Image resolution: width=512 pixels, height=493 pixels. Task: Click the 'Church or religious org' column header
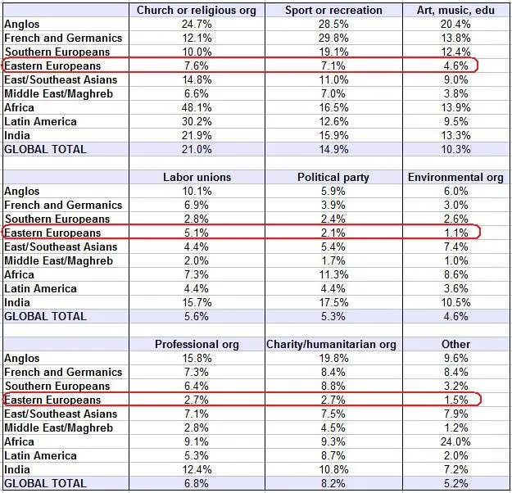coord(197,10)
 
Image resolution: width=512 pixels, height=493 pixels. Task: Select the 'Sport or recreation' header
coord(333,10)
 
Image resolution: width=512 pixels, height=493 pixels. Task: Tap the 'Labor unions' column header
coord(197,177)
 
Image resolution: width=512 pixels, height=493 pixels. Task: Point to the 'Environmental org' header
coord(455,177)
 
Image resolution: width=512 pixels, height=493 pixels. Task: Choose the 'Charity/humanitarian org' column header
coord(331,345)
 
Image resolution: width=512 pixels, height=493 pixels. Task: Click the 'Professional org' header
coord(197,345)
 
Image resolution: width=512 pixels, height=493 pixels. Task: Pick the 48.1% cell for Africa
coord(197,107)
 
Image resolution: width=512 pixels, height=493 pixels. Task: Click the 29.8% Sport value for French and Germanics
coord(333,38)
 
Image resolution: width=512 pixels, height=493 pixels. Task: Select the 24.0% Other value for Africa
coord(455,441)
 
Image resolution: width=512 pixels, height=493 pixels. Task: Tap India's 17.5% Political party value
coord(333,302)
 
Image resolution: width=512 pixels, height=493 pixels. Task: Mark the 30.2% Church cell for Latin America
coord(197,121)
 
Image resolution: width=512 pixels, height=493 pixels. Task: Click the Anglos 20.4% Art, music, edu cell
coord(455,25)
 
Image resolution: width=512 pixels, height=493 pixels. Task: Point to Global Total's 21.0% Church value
coord(197,149)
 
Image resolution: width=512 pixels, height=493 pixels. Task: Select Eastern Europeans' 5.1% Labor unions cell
coord(197,233)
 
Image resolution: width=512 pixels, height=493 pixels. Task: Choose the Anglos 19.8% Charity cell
coord(333,358)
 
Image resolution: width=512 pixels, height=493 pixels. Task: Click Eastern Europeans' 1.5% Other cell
coord(455,400)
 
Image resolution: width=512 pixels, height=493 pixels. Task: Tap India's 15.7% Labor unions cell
coord(197,302)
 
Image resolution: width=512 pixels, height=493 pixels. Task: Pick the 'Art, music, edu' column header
coord(455,10)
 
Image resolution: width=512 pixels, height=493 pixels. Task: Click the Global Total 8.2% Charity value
coord(333,483)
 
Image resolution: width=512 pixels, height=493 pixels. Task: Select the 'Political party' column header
coord(333,177)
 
